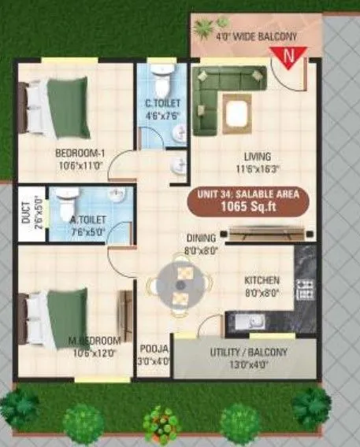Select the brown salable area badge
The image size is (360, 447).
click(x=248, y=201)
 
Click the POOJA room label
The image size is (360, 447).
click(x=154, y=353)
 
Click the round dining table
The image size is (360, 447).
click(x=182, y=286)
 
